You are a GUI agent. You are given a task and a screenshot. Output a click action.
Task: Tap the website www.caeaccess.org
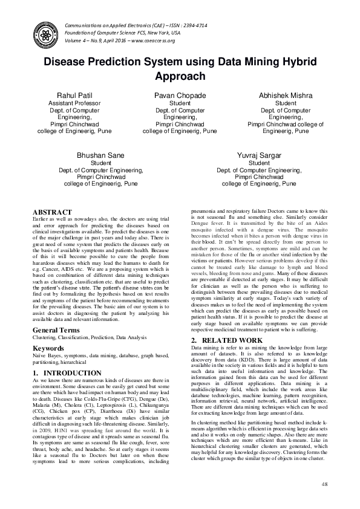(148, 41)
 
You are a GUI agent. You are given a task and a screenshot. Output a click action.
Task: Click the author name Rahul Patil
(74, 96)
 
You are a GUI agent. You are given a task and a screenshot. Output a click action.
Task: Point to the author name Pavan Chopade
(180, 96)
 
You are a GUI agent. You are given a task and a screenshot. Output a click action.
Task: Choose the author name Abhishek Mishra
(286, 96)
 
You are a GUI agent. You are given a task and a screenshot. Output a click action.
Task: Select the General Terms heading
(56, 331)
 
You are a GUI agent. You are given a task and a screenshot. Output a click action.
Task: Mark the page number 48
(324, 484)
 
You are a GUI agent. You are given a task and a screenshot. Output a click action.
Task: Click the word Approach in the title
(180, 76)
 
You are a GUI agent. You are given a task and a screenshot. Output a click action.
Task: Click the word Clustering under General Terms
(46, 338)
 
